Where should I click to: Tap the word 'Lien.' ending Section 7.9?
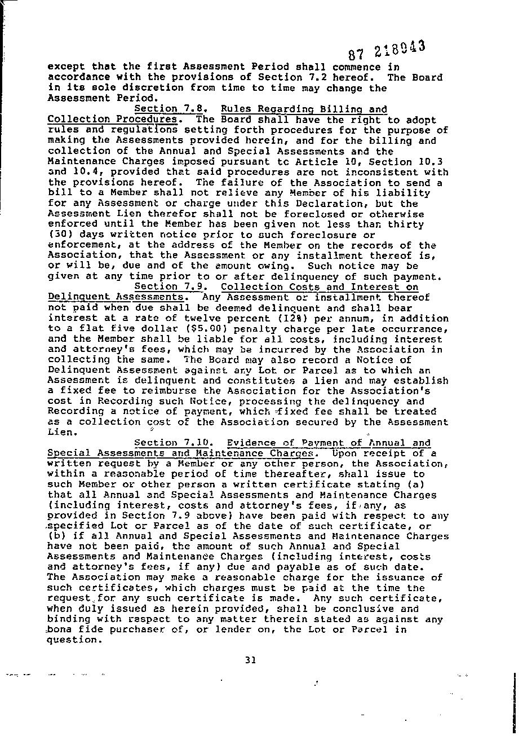tap(62, 433)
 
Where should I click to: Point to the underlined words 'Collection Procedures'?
tap(112, 119)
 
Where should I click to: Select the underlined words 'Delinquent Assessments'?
tap(116, 297)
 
